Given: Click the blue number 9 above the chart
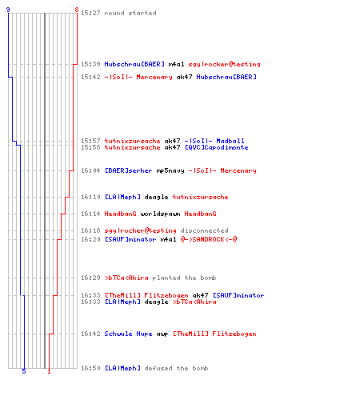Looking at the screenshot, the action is pos(8,10).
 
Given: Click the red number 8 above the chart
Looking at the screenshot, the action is pos(77,10).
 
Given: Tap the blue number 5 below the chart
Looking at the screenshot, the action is pos(24,371).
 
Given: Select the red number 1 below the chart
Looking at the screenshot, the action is pos(49,371).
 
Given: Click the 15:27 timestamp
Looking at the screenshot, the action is pos(90,13).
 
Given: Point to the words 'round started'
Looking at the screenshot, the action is pos(130,13).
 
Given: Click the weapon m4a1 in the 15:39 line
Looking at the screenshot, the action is pos(176,64).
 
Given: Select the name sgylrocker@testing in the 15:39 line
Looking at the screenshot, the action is pos(224,64).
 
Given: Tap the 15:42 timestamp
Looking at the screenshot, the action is pos(90,77).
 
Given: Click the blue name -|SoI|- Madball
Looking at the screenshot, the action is pos(214,141).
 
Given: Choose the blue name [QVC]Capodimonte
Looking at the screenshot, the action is pos(217,147).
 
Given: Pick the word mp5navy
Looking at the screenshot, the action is pos(170,170).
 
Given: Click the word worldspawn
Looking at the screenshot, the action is pos(160,214).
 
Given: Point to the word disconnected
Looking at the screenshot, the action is pos(204,230).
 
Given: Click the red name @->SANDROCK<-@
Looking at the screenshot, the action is pos(209,239).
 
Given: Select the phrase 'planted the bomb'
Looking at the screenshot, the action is pos(184,278).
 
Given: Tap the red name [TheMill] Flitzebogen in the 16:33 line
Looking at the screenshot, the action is pos(146,295).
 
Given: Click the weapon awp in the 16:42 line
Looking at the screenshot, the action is pos(162,334).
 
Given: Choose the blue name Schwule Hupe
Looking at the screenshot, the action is pos(128,334).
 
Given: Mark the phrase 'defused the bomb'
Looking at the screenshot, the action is pos(176,368).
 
